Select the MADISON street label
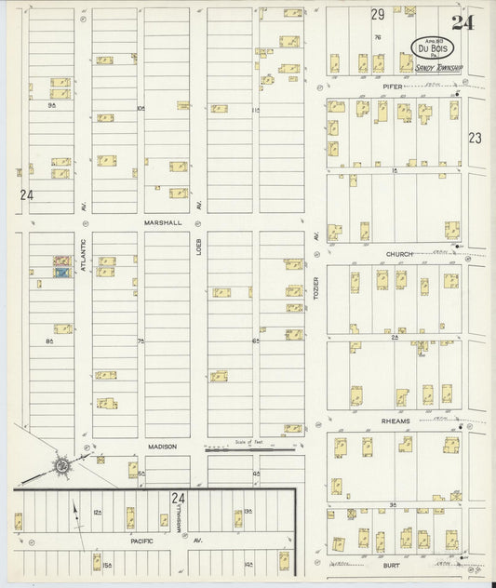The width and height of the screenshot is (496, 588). (161, 447)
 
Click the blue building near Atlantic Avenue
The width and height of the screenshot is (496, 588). (63, 273)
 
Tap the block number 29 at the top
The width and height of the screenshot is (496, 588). (377, 14)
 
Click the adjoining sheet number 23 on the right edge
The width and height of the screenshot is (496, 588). (476, 138)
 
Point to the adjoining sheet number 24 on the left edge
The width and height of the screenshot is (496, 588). (25, 195)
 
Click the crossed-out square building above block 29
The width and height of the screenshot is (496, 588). (409, 8)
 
